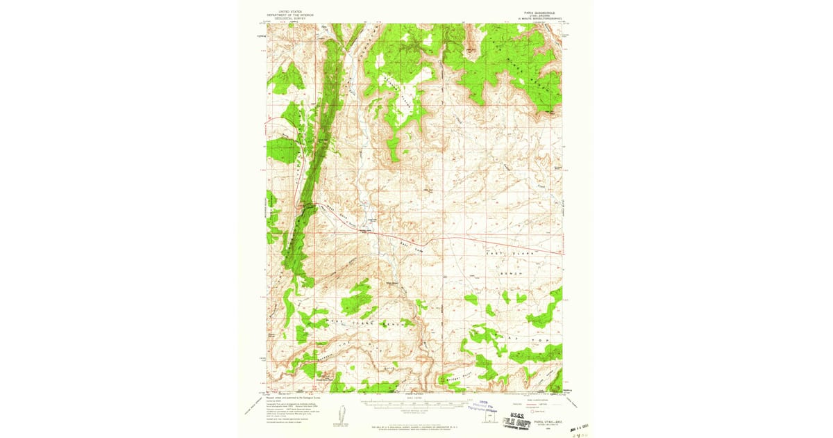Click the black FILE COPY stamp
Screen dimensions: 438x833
click(x=520, y=421)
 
